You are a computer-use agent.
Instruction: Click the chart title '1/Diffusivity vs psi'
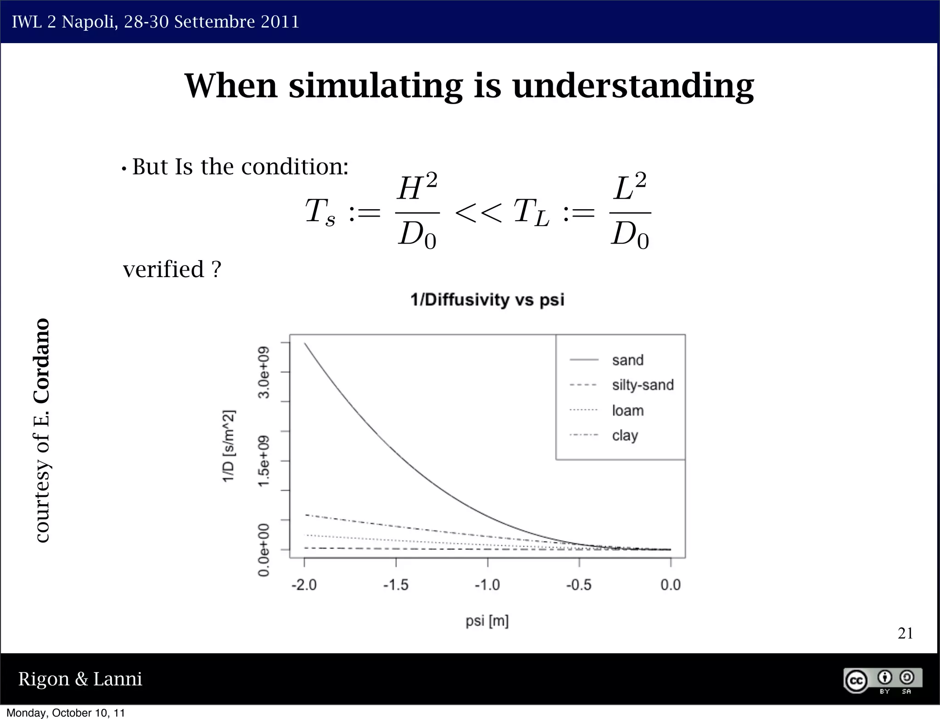coord(487,300)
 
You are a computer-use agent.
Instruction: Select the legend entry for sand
coord(627,360)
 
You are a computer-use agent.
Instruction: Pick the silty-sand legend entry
coord(642,385)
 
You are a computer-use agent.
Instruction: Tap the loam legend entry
coord(627,410)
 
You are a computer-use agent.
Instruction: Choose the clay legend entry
coord(625,435)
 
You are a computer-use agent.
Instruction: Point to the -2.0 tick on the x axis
coord(304,585)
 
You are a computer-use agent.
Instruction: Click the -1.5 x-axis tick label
coord(396,585)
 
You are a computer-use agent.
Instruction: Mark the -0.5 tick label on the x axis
coord(579,585)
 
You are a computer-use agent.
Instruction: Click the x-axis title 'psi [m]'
coord(487,621)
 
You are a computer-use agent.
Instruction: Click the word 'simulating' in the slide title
coord(375,86)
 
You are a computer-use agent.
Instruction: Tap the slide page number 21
coord(905,634)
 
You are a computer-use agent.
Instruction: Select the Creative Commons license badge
coord(882,680)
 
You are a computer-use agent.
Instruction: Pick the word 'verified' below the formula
coord(164,269)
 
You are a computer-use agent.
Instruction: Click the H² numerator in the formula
coord(417,188)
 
